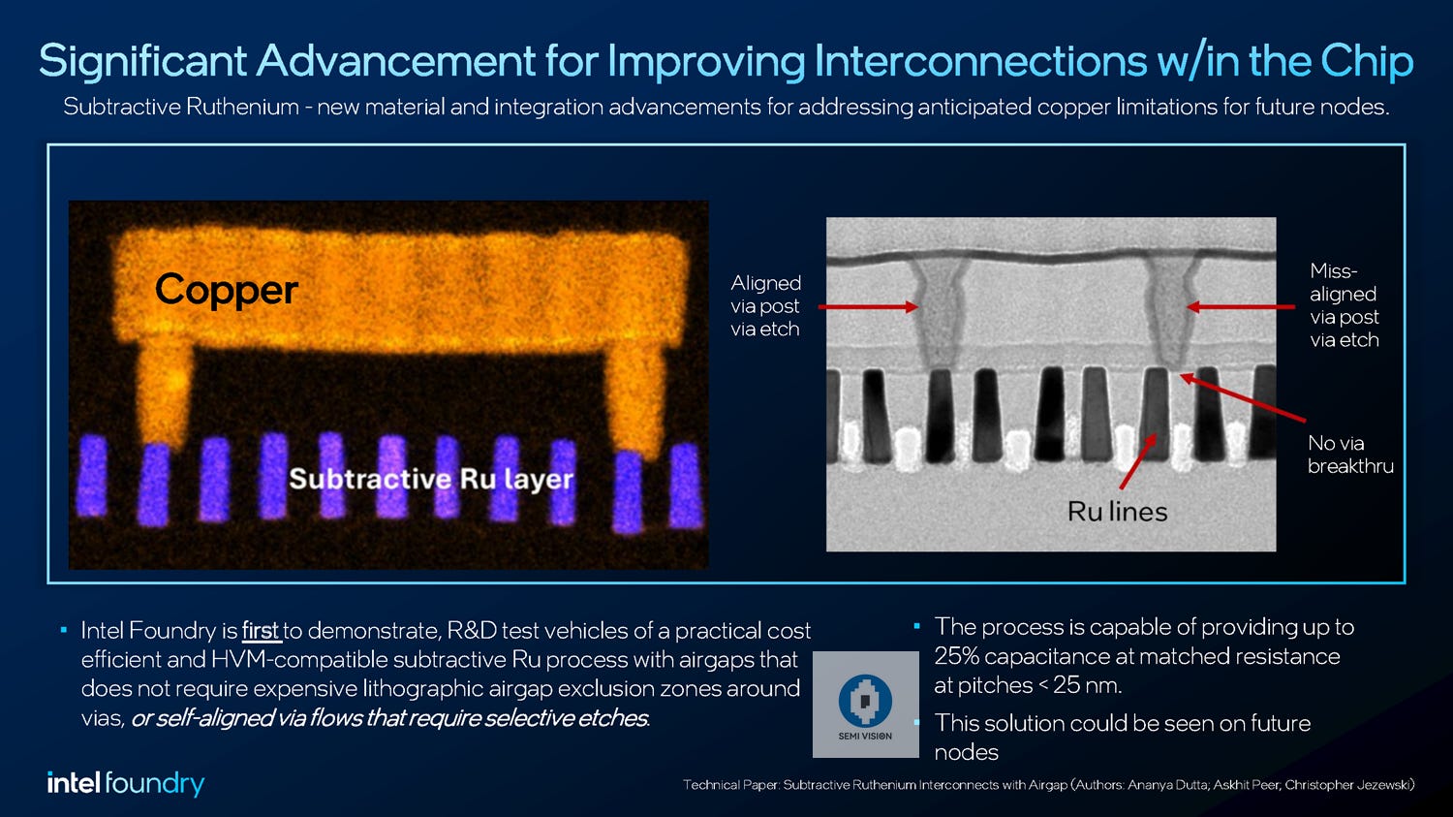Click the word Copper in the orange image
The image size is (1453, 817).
point(226,290)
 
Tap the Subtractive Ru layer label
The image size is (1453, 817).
point(431,479)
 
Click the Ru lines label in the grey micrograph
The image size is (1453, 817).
point(1117,512)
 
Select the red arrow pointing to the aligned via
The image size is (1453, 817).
point(867,307)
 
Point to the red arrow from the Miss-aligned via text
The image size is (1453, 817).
point(1240,307)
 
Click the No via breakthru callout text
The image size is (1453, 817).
point(1349,455)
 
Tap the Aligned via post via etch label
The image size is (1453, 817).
point(765,305)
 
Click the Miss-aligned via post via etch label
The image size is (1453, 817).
point(1344,305)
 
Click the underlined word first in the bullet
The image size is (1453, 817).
point(260,631)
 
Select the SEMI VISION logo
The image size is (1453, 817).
point(865,705)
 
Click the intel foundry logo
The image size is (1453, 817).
point(126,783)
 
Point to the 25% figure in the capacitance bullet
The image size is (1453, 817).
point(956,656)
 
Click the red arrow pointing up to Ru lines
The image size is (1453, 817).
point(1137,462)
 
